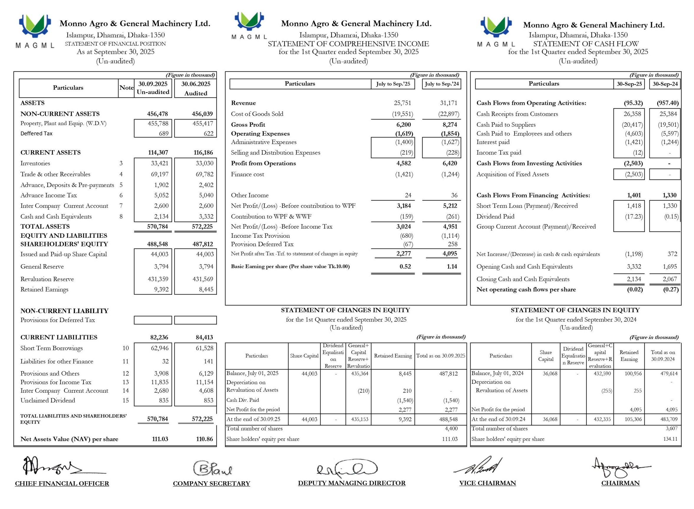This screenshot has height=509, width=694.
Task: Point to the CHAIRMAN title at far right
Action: [620, 483]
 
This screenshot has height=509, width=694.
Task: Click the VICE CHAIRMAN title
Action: [487, 483]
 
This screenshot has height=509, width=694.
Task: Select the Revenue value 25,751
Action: [402, 103]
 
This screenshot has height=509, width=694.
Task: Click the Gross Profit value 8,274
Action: [450, 125]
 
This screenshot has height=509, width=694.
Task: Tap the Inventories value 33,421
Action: [159, 163]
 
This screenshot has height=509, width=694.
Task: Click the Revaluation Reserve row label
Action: [47, 279]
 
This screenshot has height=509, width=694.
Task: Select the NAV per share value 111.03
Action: [160, 439]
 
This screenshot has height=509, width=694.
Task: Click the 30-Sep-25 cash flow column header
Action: [629, 84]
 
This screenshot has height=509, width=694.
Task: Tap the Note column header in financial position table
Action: [126, 88]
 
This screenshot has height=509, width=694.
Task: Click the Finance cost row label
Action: [248, 174]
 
